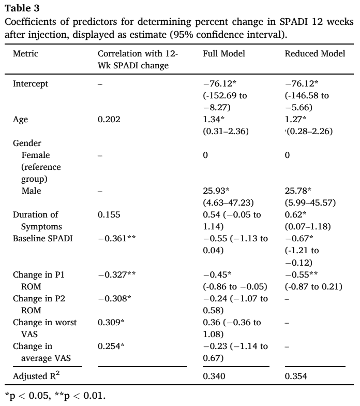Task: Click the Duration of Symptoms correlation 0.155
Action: click(x=109, y=214)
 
